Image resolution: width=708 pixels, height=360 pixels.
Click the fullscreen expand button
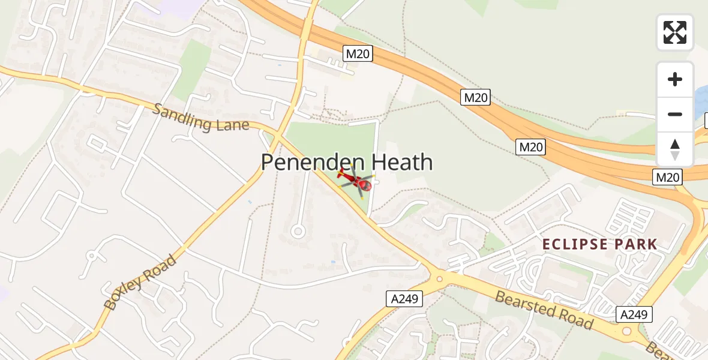tap(674, 32)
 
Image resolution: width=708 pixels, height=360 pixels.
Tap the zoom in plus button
tap(675, 79)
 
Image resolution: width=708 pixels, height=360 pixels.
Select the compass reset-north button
tap(675, 149)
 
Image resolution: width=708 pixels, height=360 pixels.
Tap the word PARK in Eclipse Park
tap(636, 244)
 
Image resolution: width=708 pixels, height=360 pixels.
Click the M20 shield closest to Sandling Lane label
tap(358, 54)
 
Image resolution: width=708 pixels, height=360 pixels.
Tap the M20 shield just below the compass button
tap(668, 177)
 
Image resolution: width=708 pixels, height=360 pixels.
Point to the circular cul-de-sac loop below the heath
tap(297, 231)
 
